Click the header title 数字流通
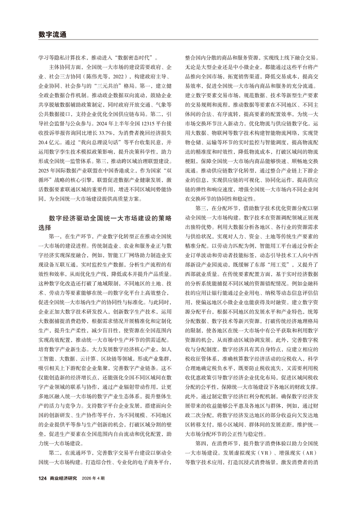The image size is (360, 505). click(52, 34)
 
